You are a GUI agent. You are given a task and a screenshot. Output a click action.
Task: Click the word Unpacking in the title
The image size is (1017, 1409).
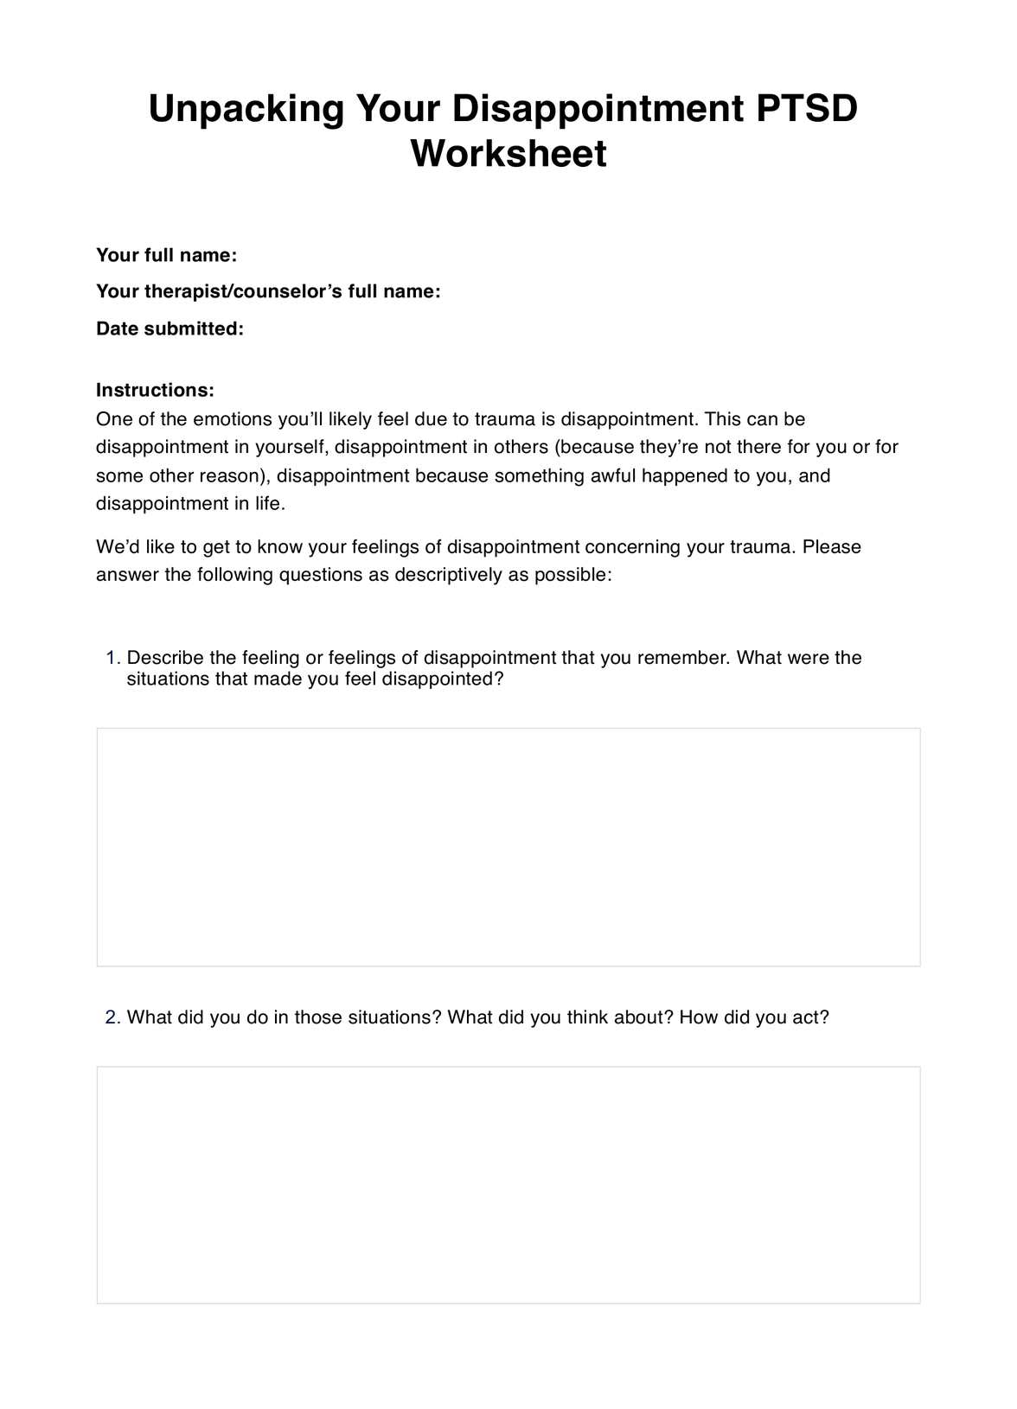point(246,110)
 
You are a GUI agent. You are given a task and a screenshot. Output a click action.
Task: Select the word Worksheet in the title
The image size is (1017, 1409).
point(508,154)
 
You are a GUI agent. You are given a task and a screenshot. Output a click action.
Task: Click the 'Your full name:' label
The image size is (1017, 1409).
point(166,255)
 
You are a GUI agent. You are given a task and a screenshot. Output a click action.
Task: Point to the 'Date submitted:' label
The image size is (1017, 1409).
point(169,328)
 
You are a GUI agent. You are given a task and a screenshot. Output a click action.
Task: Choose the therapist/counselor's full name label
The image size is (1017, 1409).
point(268,291)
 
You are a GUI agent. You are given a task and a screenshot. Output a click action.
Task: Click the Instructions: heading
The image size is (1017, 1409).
point(155,390)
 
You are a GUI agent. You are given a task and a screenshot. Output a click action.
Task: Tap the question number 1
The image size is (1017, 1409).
point(112,658)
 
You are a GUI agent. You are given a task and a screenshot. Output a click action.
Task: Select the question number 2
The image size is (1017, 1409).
point(112,1017)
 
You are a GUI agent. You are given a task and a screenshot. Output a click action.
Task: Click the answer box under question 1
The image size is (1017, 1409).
point(508,847)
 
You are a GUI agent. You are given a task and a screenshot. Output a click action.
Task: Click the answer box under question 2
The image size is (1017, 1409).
point(508,1184)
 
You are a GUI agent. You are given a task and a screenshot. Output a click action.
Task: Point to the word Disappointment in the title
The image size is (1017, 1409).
point(598,110)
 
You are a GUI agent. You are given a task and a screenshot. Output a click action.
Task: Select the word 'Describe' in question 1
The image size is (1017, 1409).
point(164,658)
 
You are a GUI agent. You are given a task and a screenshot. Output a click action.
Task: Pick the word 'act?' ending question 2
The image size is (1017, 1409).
point(810,1017)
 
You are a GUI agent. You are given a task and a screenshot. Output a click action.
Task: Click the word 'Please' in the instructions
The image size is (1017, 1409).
point(832,547)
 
